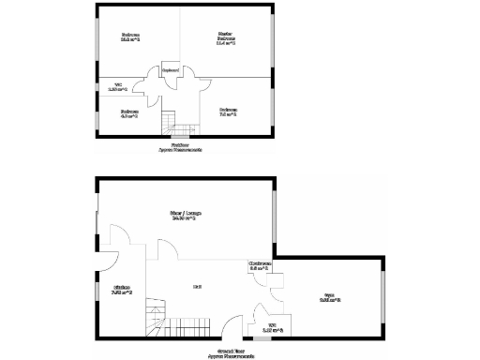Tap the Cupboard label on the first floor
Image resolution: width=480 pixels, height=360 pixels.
point(171,69)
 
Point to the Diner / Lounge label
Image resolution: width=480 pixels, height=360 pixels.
point(186,215)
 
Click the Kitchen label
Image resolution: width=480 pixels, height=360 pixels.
point(122,290)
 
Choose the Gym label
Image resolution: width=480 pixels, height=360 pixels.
point(330,298)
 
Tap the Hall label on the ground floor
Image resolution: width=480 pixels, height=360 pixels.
point(198,286)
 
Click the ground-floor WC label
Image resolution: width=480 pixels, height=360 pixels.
point(273,327)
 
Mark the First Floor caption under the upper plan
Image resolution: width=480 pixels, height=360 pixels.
point(179,147)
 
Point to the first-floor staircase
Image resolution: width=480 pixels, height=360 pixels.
point(169,122)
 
